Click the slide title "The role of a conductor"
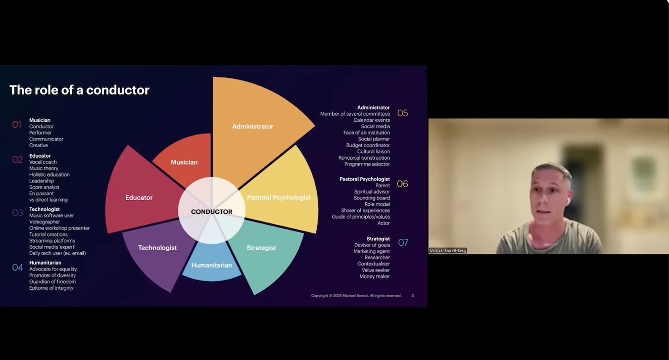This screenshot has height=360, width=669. (79, 90)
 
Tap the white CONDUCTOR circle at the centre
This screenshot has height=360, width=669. (212, 212)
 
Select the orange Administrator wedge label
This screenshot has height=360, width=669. (253, 126)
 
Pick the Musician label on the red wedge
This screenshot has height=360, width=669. (184, 162)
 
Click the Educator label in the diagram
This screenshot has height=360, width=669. (139, 198)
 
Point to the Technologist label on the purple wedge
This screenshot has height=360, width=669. (157, 248)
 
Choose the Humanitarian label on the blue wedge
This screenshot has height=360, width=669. (212, 265)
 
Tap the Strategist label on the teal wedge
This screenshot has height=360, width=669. (261, 248)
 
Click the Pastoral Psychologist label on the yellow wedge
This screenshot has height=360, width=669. (279, 198)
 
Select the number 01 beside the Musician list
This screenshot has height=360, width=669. (17, 124)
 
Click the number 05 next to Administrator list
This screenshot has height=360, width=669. (402, 113)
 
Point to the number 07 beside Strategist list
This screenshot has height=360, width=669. (403, 243)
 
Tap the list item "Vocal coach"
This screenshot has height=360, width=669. (43, 162)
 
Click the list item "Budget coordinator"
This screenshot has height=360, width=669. (368, 145)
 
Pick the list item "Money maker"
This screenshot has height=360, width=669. (374, 277)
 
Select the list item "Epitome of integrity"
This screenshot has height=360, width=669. (52, 288)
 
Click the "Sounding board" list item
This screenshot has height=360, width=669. (372, 198)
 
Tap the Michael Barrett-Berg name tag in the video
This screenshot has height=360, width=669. (448, 250)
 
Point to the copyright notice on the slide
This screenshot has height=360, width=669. (356, 296)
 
